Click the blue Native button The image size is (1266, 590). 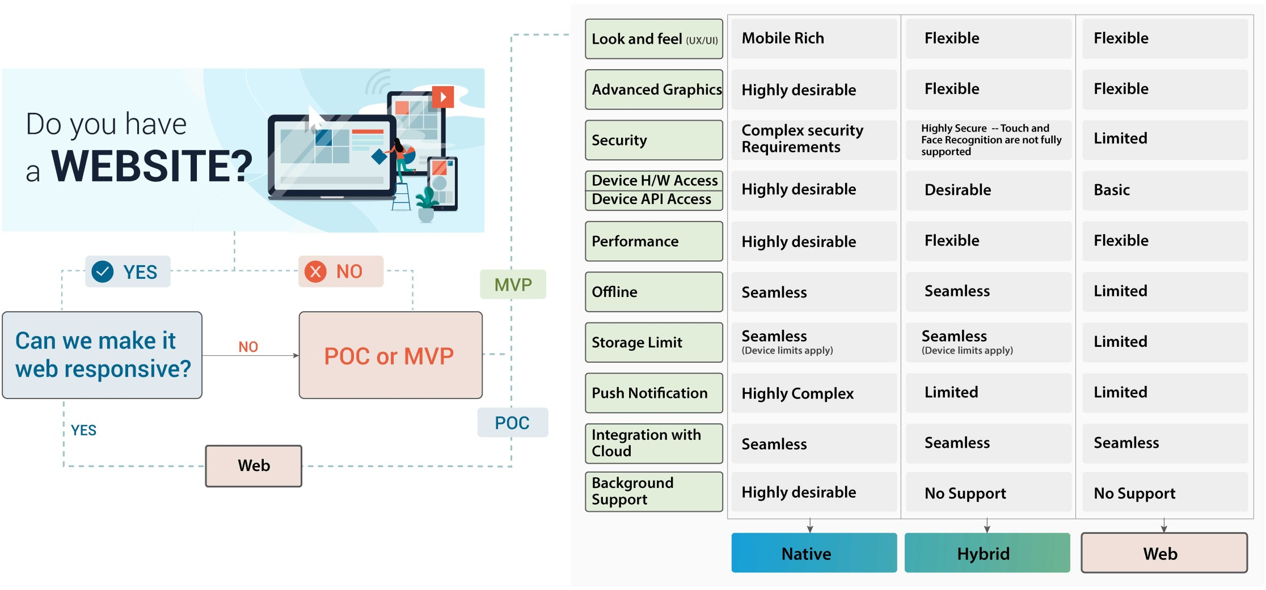coord(814,553)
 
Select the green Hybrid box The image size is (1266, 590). coord(987,553)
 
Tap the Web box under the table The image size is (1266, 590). coord(1164,553)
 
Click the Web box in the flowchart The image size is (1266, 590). coord(254,466)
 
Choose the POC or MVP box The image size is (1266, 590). coord(390,355)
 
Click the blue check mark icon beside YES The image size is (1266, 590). coord(103,271)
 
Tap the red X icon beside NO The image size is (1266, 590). coord(315,271)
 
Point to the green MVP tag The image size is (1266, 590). coord(513,285)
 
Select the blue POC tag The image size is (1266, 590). coord(513,422)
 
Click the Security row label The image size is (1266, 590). coord(654,140)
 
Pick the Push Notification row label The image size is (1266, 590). coord(654,393)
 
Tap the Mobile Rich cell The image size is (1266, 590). coord(814,39)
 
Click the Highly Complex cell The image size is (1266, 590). coord(814,393)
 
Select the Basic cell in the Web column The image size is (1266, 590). coord(1164,190)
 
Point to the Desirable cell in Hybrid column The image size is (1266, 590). coord(989,190)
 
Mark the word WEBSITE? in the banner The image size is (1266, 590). coord(152,166)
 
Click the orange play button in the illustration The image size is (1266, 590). coord(443,97)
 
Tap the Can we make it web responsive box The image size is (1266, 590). coord(102,355)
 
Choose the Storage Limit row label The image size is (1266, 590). coord(654,342)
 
